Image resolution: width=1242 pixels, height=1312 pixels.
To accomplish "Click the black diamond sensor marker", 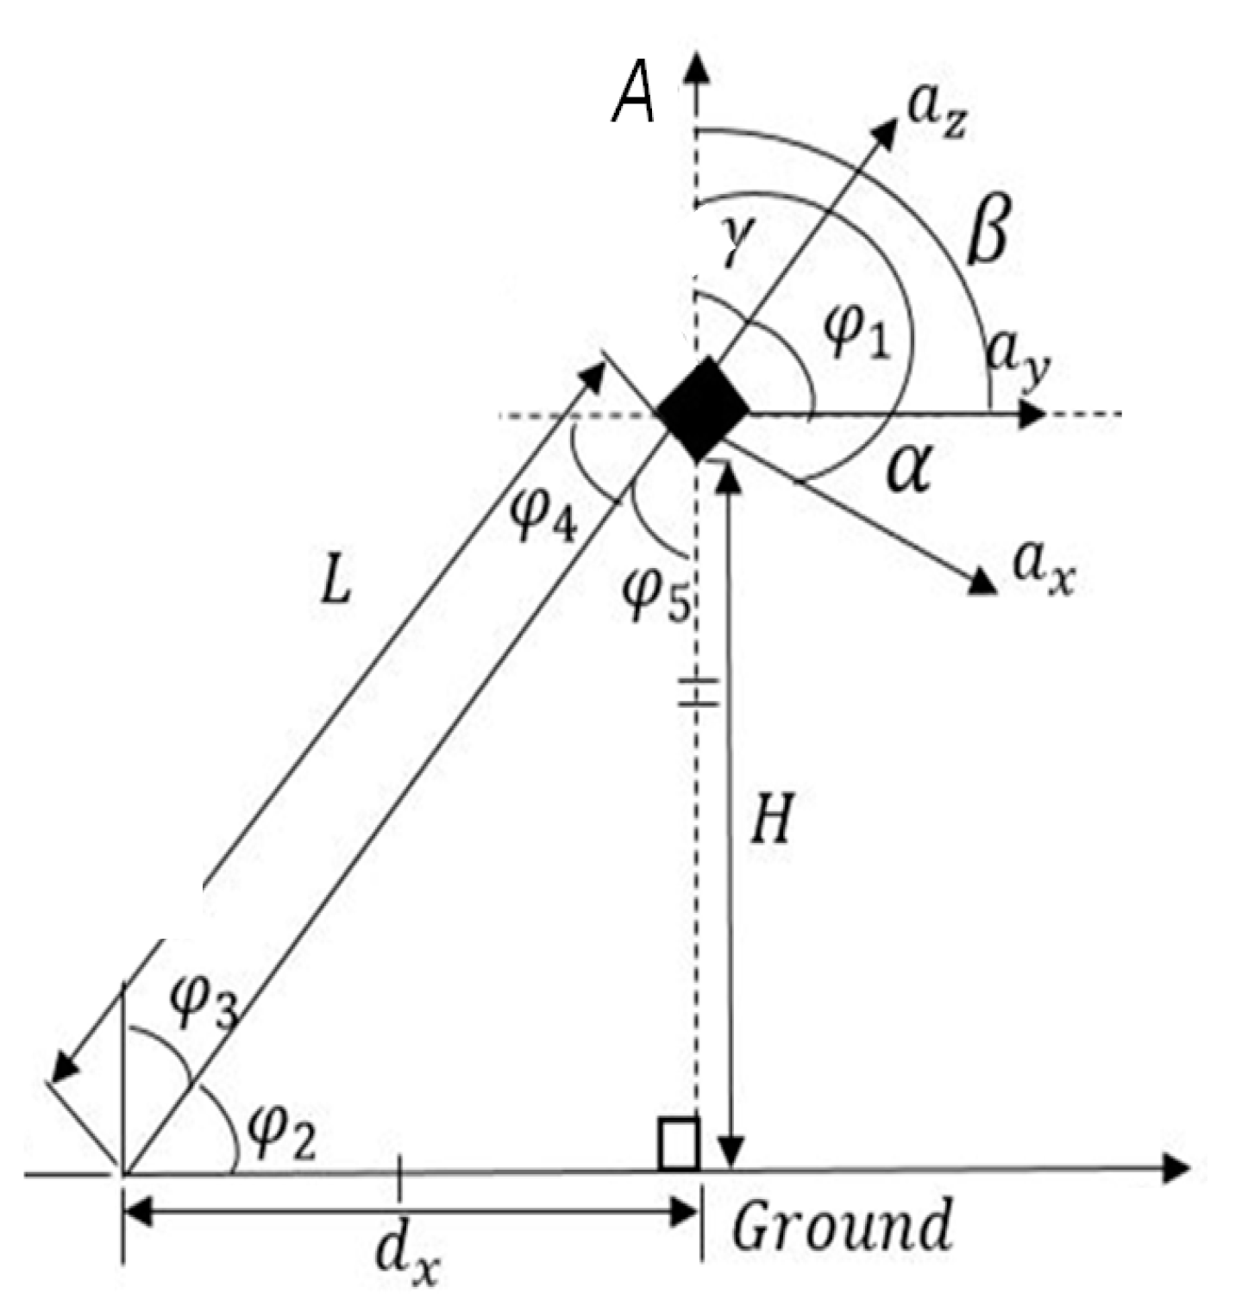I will [703, 409].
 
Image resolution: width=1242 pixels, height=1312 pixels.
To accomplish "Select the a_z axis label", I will [938, 116].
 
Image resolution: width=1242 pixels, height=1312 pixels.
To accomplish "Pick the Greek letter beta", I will [986, 233].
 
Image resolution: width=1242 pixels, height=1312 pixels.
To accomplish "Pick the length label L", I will [336, 585].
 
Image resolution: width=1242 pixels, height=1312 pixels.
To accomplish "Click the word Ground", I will [842, 1225].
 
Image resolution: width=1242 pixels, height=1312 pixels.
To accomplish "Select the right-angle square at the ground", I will [678, 1144].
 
